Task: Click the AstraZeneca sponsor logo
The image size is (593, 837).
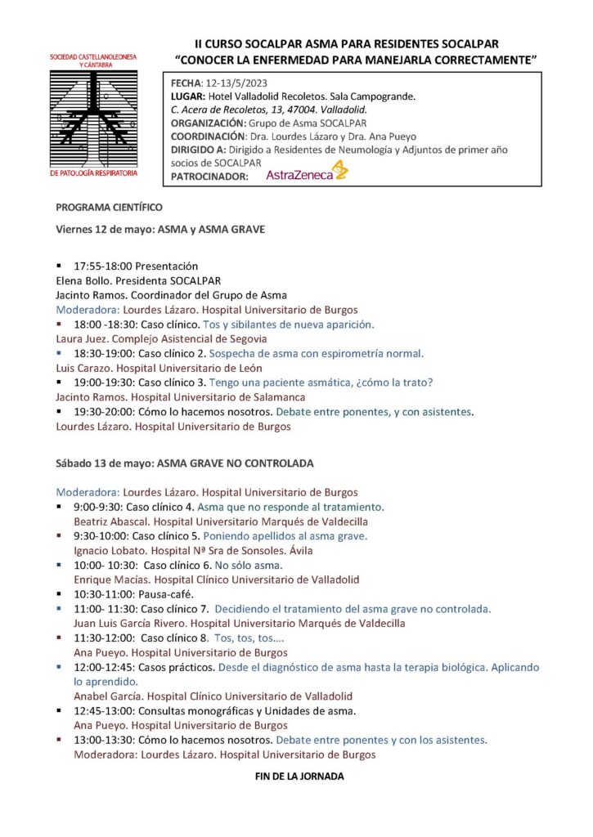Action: pos(307,172)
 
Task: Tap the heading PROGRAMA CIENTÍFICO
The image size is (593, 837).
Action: pos(110,208)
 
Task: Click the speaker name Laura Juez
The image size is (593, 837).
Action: pos(81,338)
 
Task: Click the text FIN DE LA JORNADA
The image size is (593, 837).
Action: pos(299,777)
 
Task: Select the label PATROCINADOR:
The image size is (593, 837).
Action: pos(209,175)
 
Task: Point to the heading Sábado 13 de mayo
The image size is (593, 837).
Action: pos(104,463)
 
